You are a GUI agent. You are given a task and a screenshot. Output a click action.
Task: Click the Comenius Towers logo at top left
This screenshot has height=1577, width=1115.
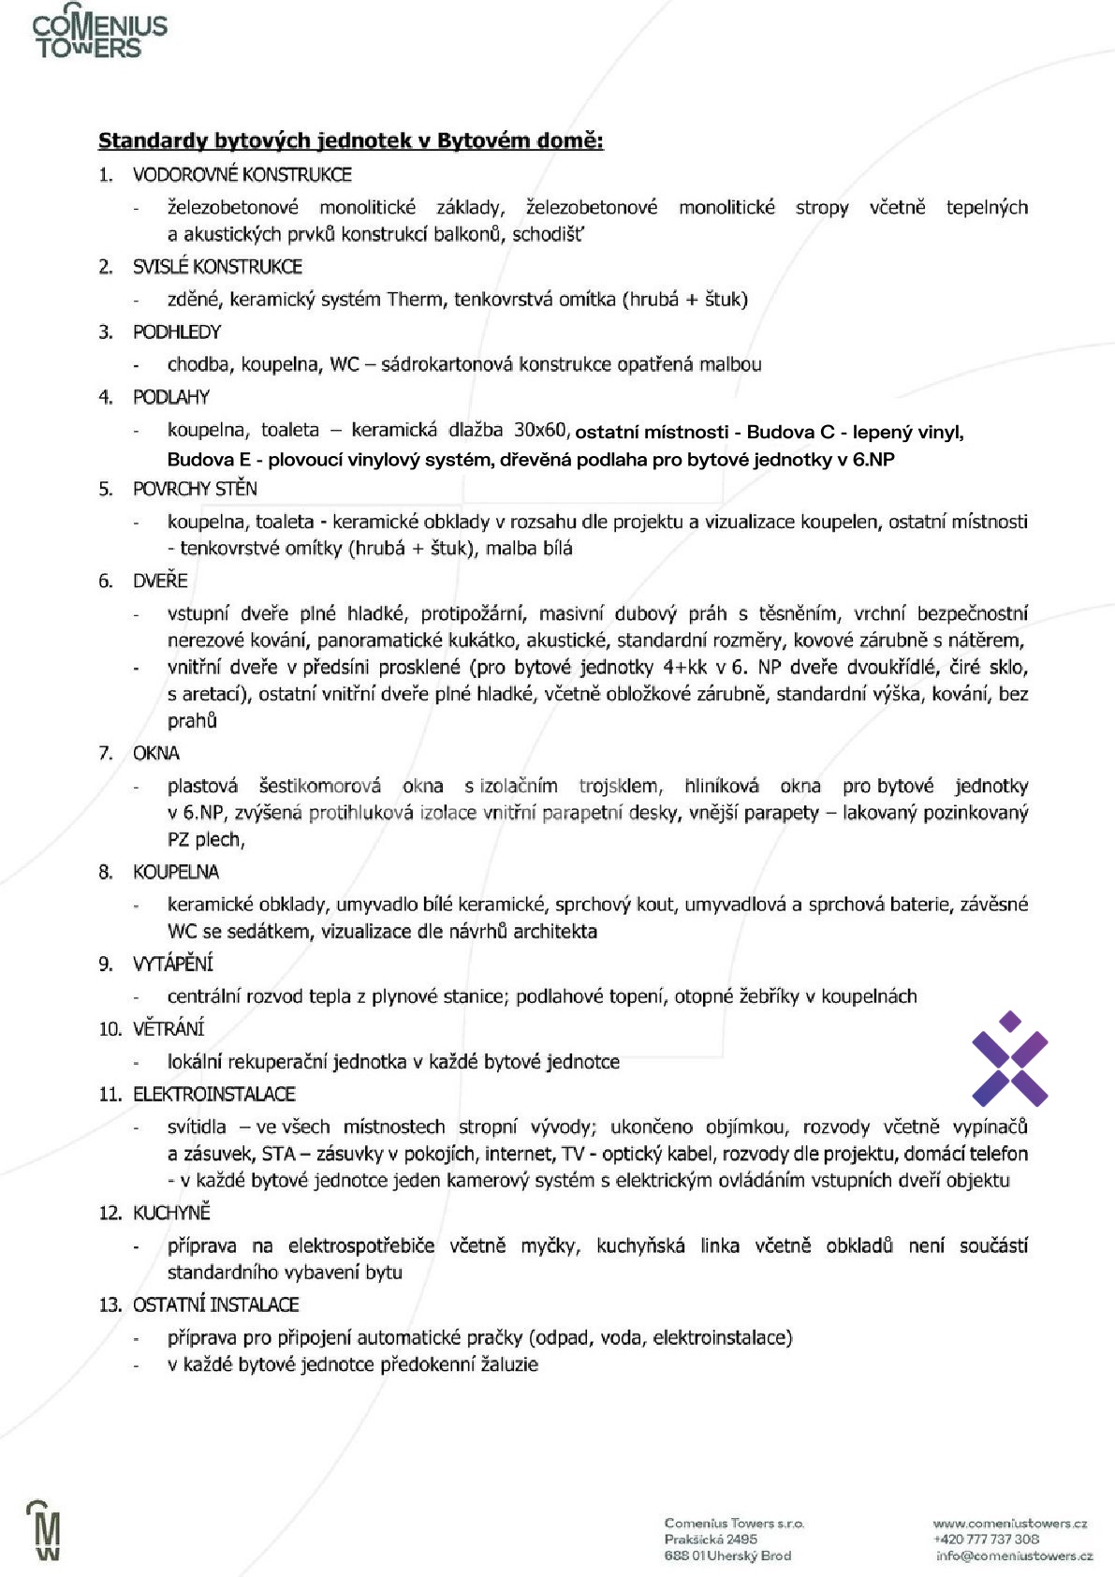coord(100,36)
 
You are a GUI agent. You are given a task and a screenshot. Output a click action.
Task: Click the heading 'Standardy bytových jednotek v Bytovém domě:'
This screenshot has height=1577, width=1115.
coord(351,140)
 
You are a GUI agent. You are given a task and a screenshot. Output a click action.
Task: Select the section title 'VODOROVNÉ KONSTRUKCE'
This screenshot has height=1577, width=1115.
coord(242,174)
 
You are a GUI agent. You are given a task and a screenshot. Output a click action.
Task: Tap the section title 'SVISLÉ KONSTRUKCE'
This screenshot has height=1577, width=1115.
coord(217,267)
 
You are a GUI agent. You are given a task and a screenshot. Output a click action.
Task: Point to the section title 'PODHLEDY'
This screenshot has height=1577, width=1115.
coord(177,332)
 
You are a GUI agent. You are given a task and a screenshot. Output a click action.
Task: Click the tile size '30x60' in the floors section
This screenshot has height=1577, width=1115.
coord(540,430)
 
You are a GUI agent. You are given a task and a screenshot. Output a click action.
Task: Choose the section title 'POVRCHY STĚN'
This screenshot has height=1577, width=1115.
coord(195,489)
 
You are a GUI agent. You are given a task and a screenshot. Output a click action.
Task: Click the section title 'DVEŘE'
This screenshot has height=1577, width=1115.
coord(160,581)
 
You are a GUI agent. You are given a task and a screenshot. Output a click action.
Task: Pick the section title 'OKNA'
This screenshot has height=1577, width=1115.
coord(156,753)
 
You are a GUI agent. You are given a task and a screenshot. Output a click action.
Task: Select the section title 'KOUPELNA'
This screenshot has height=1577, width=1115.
coord(176,872)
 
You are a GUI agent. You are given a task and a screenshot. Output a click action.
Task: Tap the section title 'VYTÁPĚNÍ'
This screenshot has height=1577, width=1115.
coord(173,964)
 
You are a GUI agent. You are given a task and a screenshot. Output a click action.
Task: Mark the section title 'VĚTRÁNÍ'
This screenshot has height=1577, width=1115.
coord(169,1028)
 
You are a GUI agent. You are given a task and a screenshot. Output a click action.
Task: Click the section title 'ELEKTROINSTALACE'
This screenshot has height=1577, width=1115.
coord(214,1094)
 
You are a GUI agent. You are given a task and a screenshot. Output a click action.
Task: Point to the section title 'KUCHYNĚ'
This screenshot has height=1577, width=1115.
coord(171,1213)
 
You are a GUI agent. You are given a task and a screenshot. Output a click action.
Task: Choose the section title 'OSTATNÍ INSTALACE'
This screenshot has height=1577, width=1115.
coord(216,1304)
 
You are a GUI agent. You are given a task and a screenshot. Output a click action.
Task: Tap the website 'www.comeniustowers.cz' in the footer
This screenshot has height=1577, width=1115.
coord(1009,1524)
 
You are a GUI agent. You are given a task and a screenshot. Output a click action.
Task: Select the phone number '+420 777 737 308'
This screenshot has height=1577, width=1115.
coord(986,1540)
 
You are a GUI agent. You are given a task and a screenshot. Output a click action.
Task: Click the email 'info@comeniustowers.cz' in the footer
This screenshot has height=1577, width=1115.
coord(1014,1555)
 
